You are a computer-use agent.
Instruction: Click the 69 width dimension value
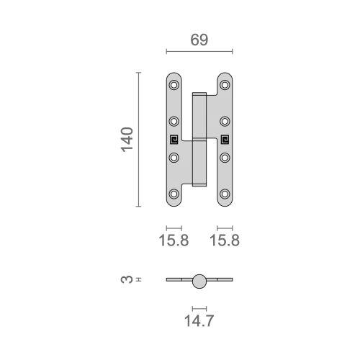pyautogui.click(x=199, y=40)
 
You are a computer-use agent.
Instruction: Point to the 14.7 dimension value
pyautogui.click(x=199, y=317)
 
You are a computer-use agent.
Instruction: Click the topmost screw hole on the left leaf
pyautogui.click(x=174, y=85)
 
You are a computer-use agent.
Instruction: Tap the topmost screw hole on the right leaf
pyautogui.click(x=225, y=85)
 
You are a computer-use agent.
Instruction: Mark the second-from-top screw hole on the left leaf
pyautogui.click(x=174, y=121)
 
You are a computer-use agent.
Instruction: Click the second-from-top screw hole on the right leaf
pyautogui.click(x=225, y=121)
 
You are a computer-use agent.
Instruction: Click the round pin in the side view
pyautogui.click(x=199, y=280)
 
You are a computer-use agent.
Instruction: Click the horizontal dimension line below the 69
pyautogui.click(x=199, y=52)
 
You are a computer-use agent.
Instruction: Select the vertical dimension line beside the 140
pyautogui.click(x=138, y=139)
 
